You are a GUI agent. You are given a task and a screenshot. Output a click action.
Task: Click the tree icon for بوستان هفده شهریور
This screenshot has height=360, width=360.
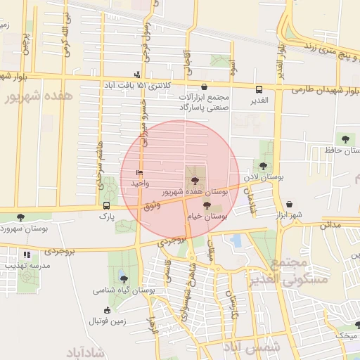click(x=195, y=181)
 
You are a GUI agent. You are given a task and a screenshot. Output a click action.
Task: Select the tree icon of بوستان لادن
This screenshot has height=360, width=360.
click(x=263, y=166)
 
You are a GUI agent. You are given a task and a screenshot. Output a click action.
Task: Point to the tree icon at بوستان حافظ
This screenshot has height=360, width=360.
click(x=345, y=139)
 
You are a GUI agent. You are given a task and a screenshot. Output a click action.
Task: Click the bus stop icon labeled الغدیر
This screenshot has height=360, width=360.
click(x=259, y=89)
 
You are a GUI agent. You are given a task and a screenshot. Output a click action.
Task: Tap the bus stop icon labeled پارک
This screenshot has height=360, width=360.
click(x=106, y=206)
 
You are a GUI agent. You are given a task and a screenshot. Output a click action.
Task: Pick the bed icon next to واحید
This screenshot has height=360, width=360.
click(x=139, y=172)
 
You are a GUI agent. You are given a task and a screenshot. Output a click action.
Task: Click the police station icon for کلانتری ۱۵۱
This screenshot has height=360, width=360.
click(x=137, y=74)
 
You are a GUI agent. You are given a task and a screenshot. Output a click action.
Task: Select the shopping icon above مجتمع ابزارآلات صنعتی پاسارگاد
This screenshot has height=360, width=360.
click(x=204, y=86)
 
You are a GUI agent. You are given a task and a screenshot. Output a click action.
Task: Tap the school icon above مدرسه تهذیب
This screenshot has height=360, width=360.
click(x=27, y=255)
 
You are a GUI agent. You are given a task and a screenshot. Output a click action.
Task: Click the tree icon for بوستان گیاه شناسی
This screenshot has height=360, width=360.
click(x=124, y=278)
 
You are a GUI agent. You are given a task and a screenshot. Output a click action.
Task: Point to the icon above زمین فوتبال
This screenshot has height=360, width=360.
click(x=107, y=309)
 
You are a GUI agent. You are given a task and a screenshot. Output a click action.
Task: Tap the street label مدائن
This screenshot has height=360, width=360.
click(x=330, y=226)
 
